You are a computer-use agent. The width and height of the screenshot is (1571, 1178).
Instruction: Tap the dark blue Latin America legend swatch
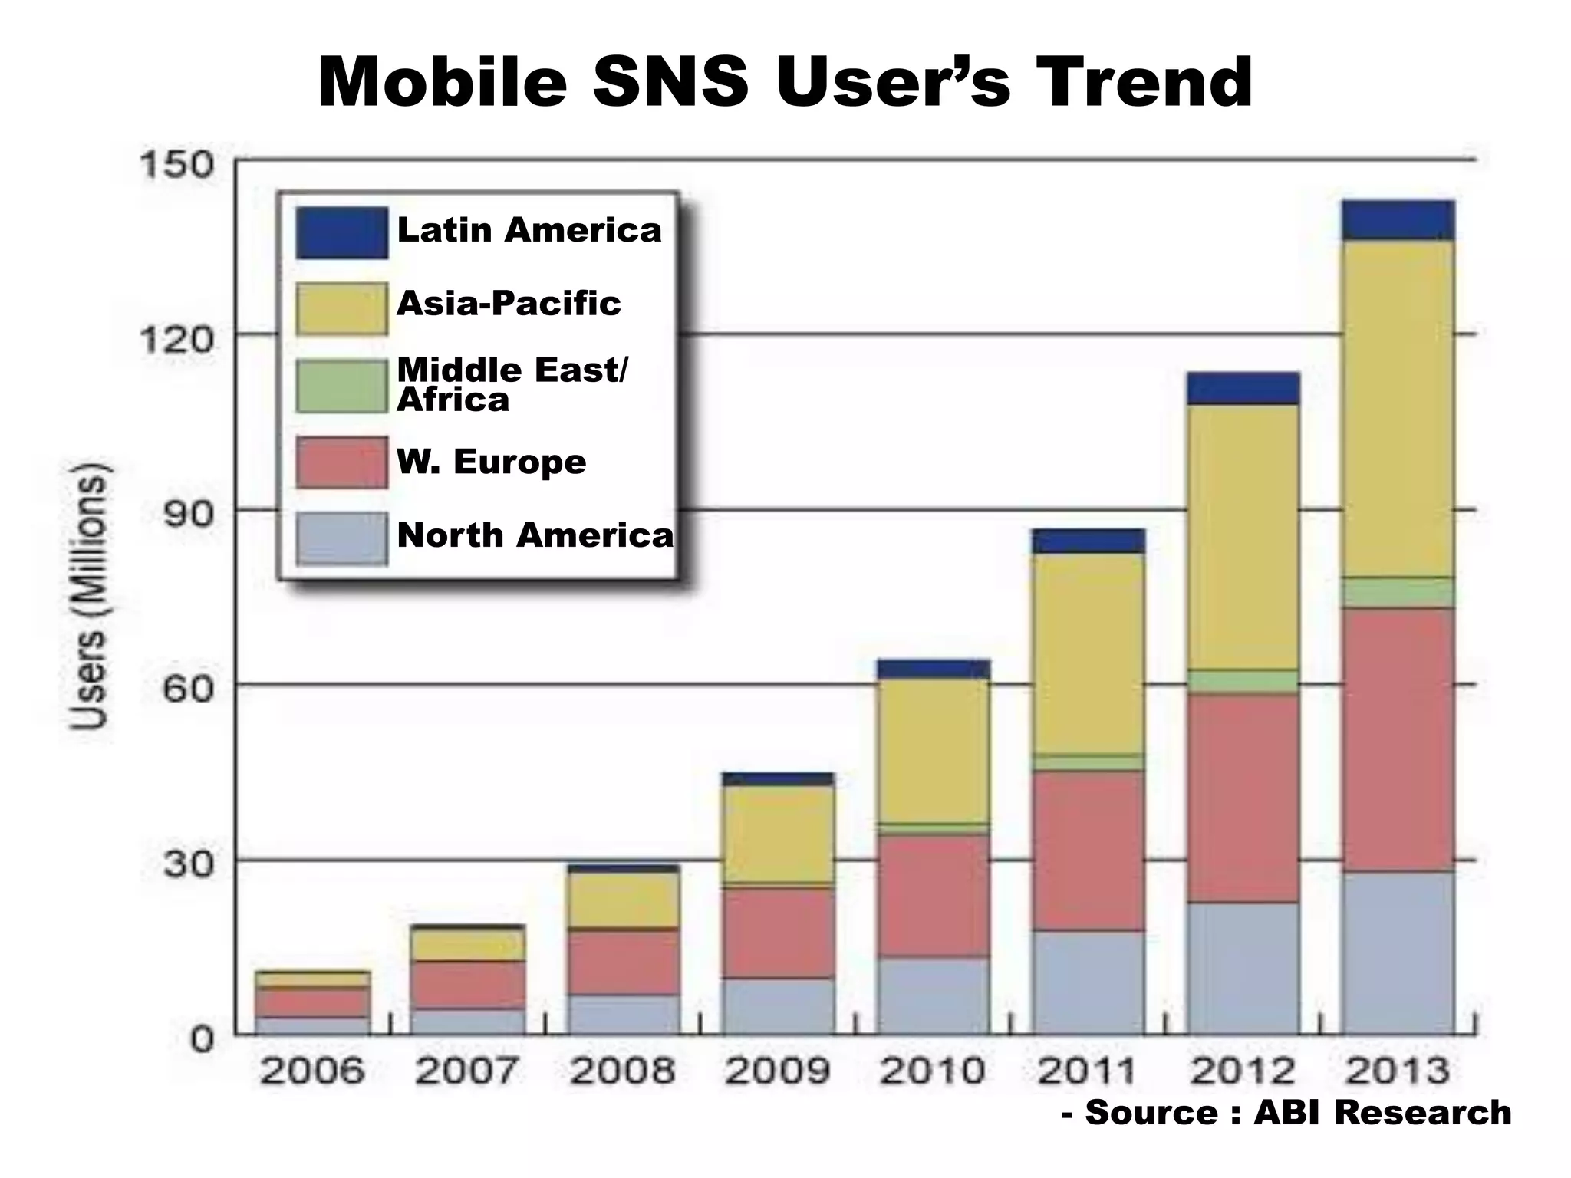click(x=341, y=232)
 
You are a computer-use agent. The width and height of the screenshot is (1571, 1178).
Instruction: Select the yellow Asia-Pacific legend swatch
click(x=341, y=308)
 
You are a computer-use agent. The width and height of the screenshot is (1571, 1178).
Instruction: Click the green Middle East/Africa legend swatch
click(x=341, y=386)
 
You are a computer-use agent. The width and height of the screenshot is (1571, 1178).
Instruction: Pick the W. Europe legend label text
click(x=491, y=462)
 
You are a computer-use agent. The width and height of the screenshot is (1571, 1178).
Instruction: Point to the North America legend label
click(x=535, y=535)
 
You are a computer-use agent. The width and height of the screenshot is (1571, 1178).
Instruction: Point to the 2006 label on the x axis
click(x=312, y=1071)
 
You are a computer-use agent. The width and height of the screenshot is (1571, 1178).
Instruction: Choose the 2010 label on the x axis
click(x=932, y=1071)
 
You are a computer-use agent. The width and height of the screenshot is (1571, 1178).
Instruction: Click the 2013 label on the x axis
click(x=1398, y=1071)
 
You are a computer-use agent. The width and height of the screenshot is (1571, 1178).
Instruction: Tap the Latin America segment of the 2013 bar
click(x=1397, y=220)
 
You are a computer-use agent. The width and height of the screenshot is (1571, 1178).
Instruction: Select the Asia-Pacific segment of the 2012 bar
click(x=1243, y=537)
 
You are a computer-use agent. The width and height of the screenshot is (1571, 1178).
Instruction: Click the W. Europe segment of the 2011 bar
click(x=1088, y=851)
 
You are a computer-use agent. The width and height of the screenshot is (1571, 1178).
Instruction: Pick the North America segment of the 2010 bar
click(x=933, y=995)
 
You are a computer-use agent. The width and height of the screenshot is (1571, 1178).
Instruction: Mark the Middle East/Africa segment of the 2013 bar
click(x=1397, y=592)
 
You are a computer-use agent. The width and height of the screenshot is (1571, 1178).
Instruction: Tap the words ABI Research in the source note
click(x=1382, y=1113)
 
